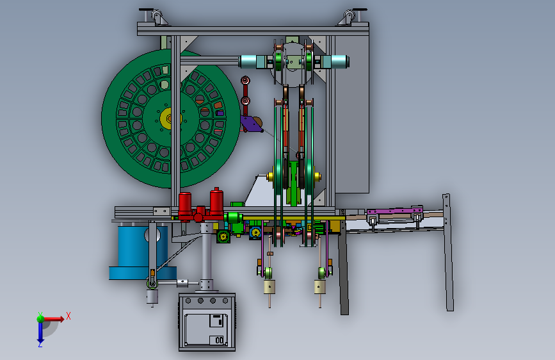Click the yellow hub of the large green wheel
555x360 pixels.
coord(169,119)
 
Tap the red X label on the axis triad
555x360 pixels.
coord(68,316)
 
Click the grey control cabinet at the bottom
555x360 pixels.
coord(207,322)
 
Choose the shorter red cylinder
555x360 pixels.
coord(185,206)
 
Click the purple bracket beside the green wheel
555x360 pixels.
coord(250,124)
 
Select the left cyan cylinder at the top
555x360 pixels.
coord(252,61)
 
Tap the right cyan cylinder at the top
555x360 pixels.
coord(335,61)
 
